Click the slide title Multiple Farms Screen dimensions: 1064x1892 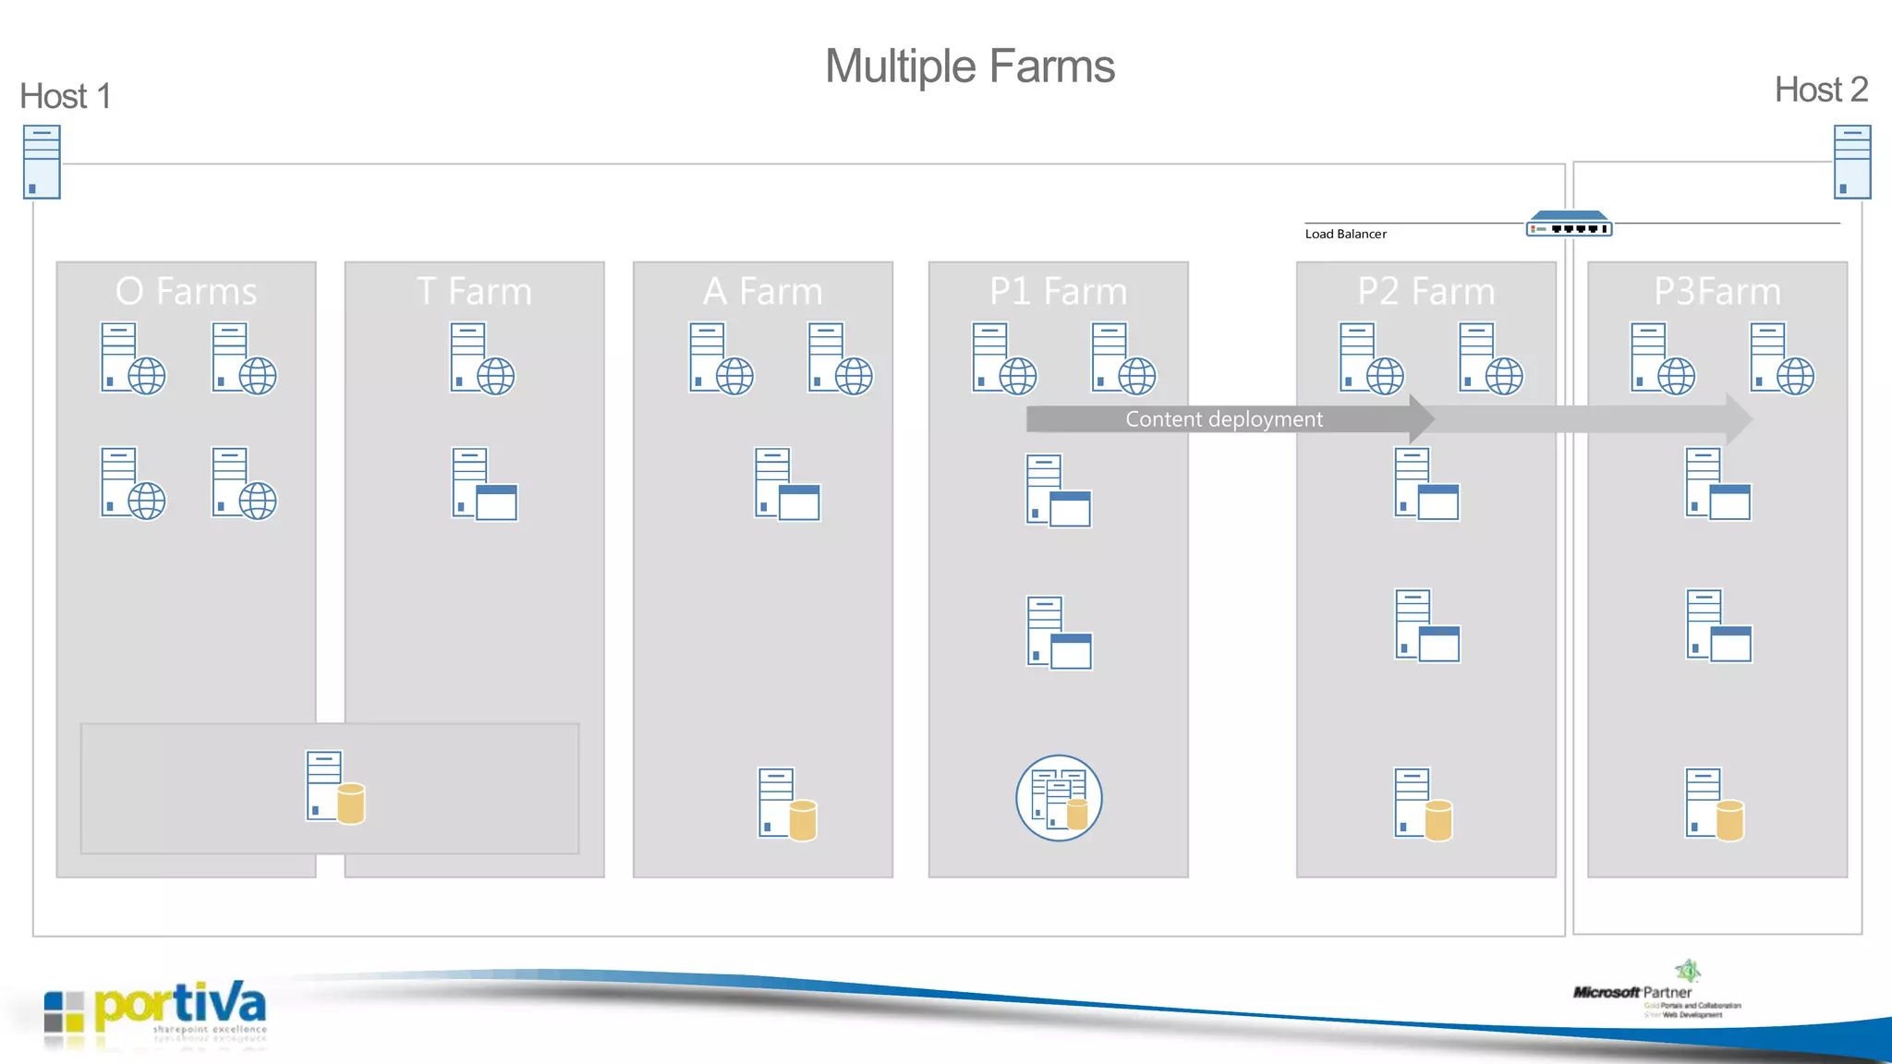[969, 66]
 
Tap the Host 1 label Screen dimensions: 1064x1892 [66, 96]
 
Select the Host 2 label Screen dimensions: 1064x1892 [1821, 90]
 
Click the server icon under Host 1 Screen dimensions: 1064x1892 [42, 163]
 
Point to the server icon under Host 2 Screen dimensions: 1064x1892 [1851, 163]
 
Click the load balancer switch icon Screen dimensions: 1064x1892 [1569, 224]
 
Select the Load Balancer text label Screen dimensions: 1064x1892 [1345, 235]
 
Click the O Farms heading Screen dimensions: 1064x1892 [186, 292]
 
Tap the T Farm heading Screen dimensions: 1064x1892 [474, 292]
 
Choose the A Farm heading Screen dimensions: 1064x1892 [762, 292]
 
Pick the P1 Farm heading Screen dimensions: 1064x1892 [1058, 292]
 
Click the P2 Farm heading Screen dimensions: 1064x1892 [1425, 292]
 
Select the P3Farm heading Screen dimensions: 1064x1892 [1716, 292]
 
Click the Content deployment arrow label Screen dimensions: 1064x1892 [1223, 419]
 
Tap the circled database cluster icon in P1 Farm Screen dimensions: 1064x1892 [1059, 798]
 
